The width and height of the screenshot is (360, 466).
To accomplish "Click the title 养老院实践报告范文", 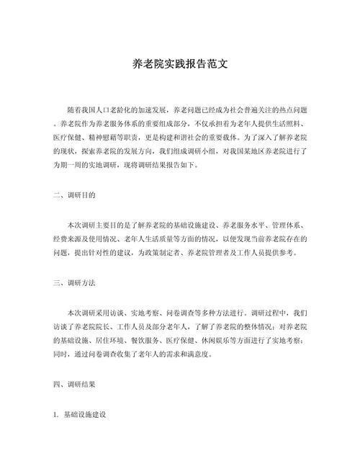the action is pyautogui.click(x=180, y=64).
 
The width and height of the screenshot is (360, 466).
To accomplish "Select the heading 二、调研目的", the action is pyautogui.click(x=74, y=194).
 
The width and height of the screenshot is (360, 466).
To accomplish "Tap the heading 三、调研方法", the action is pyautogui.click(x=74, y=282).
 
